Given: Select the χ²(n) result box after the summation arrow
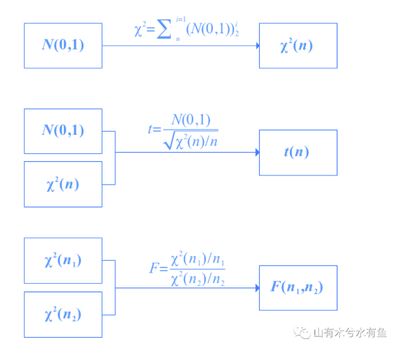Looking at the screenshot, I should pos(298,45).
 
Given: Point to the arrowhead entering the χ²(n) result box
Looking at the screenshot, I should pos(257,46).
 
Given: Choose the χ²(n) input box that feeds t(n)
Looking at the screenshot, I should pos(63,184).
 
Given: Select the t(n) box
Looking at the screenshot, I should pos(298,153).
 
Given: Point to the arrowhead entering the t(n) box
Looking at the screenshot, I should pos(257,153).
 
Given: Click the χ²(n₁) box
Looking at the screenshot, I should pos(63,261).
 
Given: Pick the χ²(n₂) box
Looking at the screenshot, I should pos(63,314).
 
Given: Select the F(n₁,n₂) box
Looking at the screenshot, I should pos(298,287).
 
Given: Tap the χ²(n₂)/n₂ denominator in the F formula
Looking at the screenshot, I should pos(198,280).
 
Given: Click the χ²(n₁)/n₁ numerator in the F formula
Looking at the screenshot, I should pos(198,261).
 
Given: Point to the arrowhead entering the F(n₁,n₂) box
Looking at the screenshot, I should pos(257,288).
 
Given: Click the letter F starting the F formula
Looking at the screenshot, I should pos(154,269).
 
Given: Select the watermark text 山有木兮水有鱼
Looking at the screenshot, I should pos(350,333).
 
